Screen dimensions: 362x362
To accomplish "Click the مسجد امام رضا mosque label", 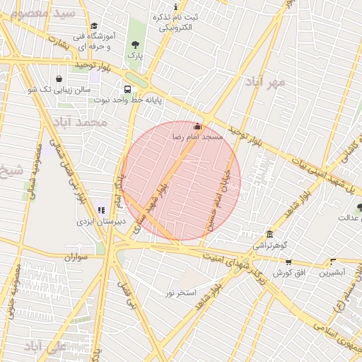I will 203,136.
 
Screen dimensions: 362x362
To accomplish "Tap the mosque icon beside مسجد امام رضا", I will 197,127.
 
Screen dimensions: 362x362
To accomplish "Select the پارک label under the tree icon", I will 134,55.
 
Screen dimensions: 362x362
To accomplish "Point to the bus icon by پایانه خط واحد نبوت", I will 127,90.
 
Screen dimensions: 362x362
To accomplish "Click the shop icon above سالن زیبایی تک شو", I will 58,78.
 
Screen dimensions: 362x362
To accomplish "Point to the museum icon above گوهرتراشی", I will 269,235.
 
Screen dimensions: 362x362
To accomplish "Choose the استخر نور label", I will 181,292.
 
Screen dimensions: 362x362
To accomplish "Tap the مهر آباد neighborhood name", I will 266,83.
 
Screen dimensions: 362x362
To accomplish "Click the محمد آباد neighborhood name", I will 82,122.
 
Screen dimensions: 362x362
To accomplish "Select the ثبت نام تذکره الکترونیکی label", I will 175,23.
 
